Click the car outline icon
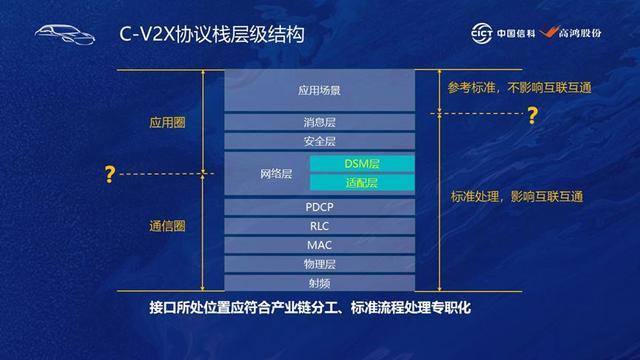click(65, 34)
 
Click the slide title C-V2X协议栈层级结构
click(212, 34)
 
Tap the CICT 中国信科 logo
click(503, 33)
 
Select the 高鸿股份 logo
click(570, 33)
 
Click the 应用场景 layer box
click(320, 90)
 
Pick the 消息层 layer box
click(320, 122)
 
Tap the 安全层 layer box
click(320, 141)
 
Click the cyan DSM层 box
click(362, 164)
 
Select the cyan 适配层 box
click(362, 182)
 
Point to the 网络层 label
click(276, 174)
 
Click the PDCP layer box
click(320, 207)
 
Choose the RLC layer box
click(320, 226)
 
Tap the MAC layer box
click(320, 245)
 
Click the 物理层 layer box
click(320, 264)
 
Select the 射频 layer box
click(320, 283)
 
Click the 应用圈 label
click(167, 122)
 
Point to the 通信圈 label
click(167, 226)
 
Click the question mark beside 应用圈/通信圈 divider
click(109, 174)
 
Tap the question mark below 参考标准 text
click(533, 116)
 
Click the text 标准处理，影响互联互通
click(517, 197)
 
